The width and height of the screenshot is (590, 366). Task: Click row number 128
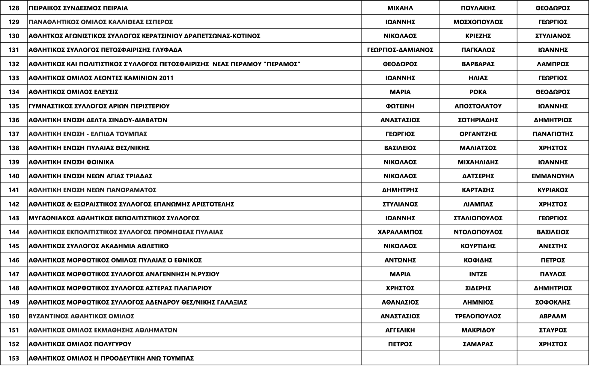pos(14,8)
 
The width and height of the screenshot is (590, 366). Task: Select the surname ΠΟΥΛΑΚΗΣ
pos(478,8)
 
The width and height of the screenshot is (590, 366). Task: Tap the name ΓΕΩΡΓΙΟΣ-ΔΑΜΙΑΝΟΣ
pos(400,50)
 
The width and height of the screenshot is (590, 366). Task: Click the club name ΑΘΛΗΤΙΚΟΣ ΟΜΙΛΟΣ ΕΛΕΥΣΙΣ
pos(73,92)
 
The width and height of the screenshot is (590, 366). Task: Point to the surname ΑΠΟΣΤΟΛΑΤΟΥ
pos(478,106)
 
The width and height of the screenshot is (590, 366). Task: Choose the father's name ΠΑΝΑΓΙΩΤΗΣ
pos(553,134)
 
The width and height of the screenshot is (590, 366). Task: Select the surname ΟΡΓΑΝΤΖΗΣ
pos(478,134)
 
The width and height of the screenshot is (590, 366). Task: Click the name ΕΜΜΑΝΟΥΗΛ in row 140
pos(553,176)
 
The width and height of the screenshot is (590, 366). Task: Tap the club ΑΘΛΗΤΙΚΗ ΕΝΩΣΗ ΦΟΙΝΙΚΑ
pos(71,162)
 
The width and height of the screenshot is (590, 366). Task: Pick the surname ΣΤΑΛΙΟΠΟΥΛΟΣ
pos(478,218)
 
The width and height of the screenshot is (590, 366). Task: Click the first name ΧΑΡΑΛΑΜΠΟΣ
pos(400,232)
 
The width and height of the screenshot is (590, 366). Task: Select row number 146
pos(14,260)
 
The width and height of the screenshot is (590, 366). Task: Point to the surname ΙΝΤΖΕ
pos(478,274)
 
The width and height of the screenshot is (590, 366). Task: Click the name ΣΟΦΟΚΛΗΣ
pos(553,302)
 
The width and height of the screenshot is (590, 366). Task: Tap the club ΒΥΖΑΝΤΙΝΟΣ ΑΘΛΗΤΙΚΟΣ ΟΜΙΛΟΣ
pos(81,316)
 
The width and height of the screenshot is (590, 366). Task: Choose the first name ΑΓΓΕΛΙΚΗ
pos(400,330)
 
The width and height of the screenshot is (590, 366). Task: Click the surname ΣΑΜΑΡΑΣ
pos(478,344)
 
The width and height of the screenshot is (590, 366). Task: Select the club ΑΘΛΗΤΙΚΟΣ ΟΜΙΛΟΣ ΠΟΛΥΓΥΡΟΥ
pos(80,344)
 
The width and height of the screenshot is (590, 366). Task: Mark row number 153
pos(14,358)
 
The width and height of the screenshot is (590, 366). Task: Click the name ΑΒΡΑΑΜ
pos(553,316)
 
